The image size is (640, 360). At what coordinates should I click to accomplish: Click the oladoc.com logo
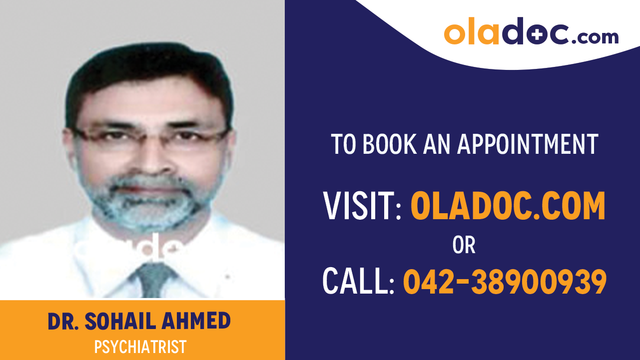(531, 32)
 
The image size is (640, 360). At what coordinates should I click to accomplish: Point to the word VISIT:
(362, 206)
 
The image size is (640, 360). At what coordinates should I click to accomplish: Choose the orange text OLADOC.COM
(508, 206)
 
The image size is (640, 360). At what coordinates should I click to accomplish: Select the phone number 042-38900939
(505, 281)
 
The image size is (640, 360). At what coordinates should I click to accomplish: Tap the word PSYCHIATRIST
(140, 347)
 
